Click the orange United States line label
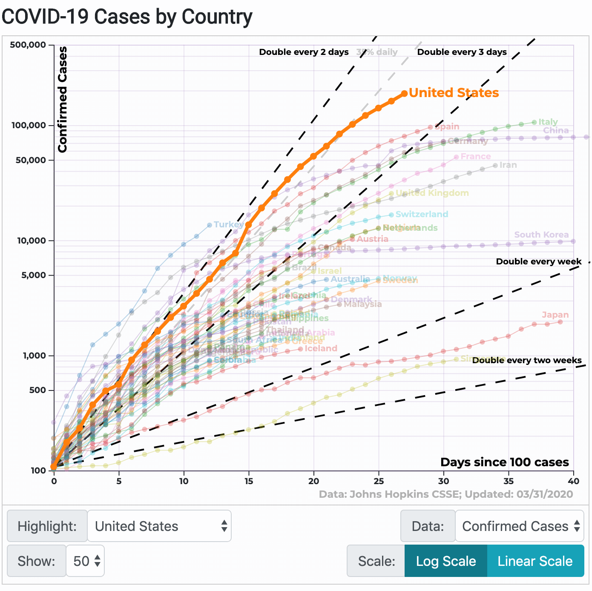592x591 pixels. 454,93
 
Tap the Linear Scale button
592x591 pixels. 535,561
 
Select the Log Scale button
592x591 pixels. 445,561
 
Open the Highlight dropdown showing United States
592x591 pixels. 159,526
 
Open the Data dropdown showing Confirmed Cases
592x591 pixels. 520,526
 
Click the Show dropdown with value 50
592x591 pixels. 86,561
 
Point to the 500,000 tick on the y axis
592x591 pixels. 28,45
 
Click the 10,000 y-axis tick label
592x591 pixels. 32,241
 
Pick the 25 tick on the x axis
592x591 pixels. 378,481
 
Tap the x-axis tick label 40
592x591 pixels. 573,481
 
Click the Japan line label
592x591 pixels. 555,315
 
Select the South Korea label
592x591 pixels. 541,235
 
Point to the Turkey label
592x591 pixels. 228,224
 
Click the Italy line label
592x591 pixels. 548,122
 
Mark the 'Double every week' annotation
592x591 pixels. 539,261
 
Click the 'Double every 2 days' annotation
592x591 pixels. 304,52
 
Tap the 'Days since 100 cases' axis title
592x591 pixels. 504,462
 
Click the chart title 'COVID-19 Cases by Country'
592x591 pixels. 127,17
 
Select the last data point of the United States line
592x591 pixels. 404,94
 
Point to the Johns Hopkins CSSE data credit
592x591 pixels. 445,494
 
